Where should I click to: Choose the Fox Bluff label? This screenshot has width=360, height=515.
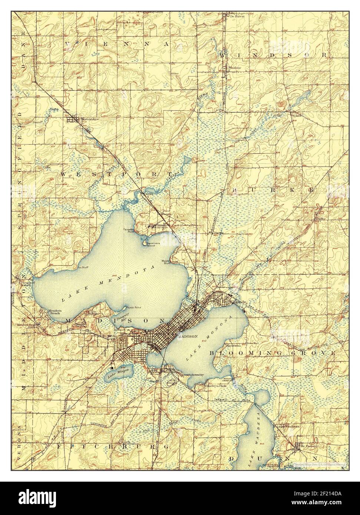pos(82,267)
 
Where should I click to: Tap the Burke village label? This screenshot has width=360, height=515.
pos(321,219)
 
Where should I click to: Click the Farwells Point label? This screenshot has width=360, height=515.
pos(129,230)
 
